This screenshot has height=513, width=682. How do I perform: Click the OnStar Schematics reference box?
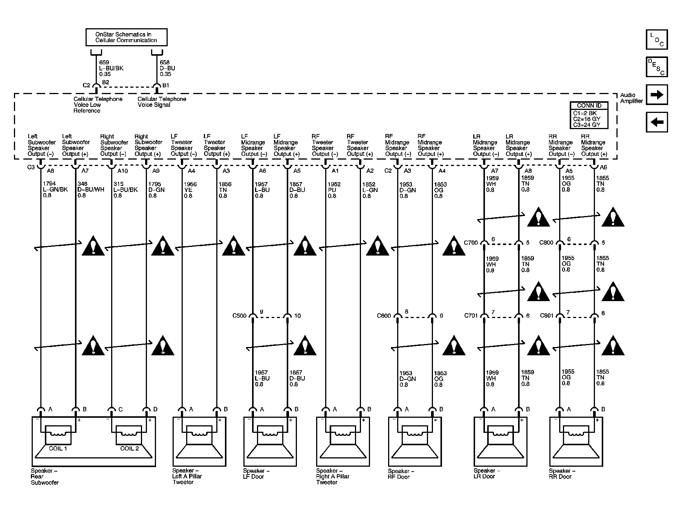pos(126,37)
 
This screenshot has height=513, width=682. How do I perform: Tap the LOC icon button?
pos(657,40)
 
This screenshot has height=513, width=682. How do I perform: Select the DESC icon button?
pos(657,67)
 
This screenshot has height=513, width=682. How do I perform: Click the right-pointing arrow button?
pos(657,94)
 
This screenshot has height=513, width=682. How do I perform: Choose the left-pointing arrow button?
pos(657,122)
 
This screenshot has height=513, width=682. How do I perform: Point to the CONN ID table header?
pos(589,105)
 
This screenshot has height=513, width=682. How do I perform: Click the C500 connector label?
pos(239,316)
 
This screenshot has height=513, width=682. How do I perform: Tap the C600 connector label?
pos(384,316)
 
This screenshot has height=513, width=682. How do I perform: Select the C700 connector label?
pos(471,243)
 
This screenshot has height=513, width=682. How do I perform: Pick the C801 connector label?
pos(547,315)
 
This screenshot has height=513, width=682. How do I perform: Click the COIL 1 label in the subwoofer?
pos(58,448)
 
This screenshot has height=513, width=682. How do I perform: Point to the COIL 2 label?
pos(130,448)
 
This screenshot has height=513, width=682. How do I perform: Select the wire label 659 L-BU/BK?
pos(111,68)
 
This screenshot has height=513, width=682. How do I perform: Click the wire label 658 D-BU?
pos(168,68)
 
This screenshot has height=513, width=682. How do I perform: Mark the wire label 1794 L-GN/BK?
pos(55,190)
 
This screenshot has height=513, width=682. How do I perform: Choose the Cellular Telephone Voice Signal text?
pos(162,102)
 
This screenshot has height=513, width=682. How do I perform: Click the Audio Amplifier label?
pos(632,98)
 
